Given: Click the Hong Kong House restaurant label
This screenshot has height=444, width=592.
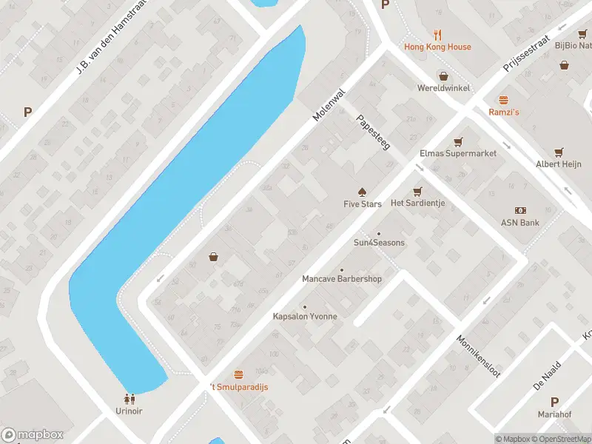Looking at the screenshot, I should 437,47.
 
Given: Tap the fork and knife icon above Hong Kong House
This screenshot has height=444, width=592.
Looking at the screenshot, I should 437,34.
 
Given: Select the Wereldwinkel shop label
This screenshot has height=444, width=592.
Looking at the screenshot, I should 443,87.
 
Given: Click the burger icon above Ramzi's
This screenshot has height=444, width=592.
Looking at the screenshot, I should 504,99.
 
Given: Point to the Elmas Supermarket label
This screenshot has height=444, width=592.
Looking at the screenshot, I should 457,153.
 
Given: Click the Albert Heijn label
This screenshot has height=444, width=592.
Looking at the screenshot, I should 558,164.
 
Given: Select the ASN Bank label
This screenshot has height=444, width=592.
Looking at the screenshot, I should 520,223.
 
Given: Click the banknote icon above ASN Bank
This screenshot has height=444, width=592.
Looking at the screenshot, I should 520,210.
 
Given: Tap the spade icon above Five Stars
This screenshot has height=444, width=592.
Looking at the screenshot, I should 362,191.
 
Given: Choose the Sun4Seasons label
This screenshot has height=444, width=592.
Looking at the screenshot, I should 379,243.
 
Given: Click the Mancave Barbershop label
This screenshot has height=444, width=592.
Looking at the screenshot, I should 342,279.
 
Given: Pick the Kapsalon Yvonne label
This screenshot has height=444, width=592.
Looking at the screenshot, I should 304,316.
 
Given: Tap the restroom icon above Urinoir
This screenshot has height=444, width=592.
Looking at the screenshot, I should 129,397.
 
